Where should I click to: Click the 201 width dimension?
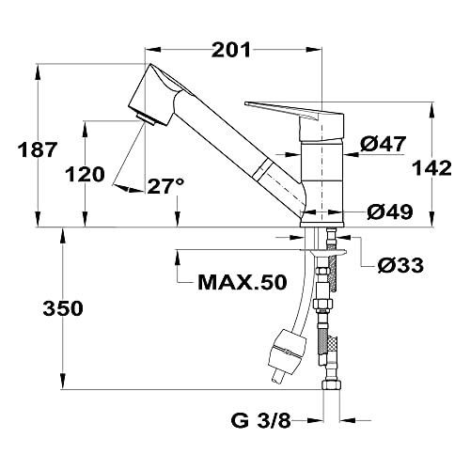[231, 50]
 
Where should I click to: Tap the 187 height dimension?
[38, 149]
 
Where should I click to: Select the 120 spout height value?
[85, 175]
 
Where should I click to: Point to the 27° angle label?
[165, 186]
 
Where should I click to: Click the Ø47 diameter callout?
[383, 144]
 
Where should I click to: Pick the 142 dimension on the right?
[431, 168]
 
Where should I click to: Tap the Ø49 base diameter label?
[390, 211]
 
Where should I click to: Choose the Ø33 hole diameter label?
[400, 265]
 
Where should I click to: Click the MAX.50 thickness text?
[243, 282]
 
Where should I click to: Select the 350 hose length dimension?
[63, 308]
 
